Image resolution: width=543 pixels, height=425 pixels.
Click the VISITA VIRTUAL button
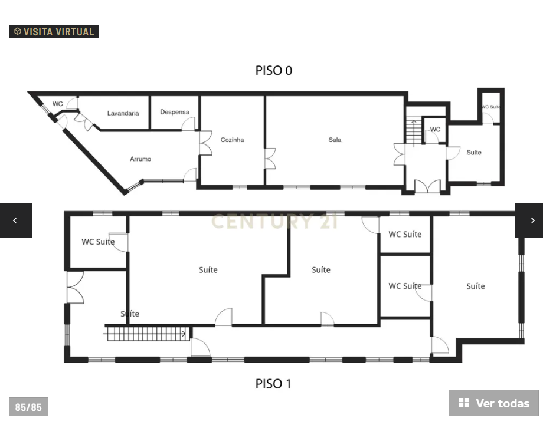(54, 32)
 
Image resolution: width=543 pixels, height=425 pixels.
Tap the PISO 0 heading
(273, 71)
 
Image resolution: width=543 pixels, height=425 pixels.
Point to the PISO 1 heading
(273, 384)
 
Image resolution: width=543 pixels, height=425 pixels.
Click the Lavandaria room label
(123, 113)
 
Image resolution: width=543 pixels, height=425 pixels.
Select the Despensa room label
(175, 112)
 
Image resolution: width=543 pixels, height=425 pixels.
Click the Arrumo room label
(140, 159)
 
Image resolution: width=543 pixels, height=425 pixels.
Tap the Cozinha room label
(232, 140)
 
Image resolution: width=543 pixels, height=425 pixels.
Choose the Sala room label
(335, 140)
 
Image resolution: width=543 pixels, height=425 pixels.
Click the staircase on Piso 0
(414, 131)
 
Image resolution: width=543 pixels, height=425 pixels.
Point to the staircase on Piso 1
(147, 334)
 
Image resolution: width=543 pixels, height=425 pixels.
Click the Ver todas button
(493, 403)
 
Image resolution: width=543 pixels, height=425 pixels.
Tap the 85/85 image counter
(28, 407)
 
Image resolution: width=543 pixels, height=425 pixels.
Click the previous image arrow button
(15, 220)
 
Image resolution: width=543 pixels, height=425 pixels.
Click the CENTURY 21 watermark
(274, 222)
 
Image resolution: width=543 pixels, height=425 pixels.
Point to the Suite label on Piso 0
(474, 153)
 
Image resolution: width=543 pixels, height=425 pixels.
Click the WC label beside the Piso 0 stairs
(435, 130)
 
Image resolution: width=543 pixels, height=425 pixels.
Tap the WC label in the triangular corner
(57, 104)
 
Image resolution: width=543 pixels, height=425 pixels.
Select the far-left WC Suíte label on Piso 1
(98, 242)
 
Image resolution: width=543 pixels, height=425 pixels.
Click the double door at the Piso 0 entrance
(427, 186)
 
